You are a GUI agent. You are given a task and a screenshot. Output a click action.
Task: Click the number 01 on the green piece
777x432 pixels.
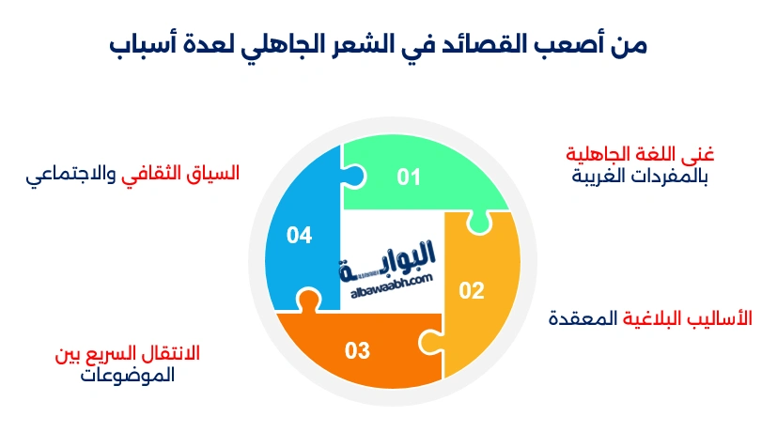pos(408,177)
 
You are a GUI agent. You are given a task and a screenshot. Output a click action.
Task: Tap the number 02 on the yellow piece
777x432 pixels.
pos(471,290)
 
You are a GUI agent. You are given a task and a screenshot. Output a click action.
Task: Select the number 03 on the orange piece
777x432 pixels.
pos(357,351)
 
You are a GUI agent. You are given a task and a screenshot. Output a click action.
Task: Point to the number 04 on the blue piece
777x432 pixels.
pos(299,235)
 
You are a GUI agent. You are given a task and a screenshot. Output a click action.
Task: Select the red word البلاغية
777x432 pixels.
pos(657,317)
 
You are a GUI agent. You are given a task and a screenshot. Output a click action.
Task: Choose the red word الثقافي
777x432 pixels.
pos(156,174)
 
